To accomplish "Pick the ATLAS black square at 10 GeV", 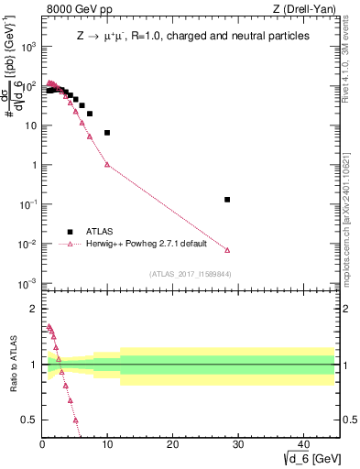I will (107, 133).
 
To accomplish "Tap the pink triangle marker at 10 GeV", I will (107, 165).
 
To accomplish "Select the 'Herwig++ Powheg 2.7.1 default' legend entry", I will (147, 245).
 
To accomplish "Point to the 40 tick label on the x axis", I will (302, 443).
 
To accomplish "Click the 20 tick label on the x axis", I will (172, 443).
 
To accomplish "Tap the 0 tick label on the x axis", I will (42, 443).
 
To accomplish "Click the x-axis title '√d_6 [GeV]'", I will (307, 457).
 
